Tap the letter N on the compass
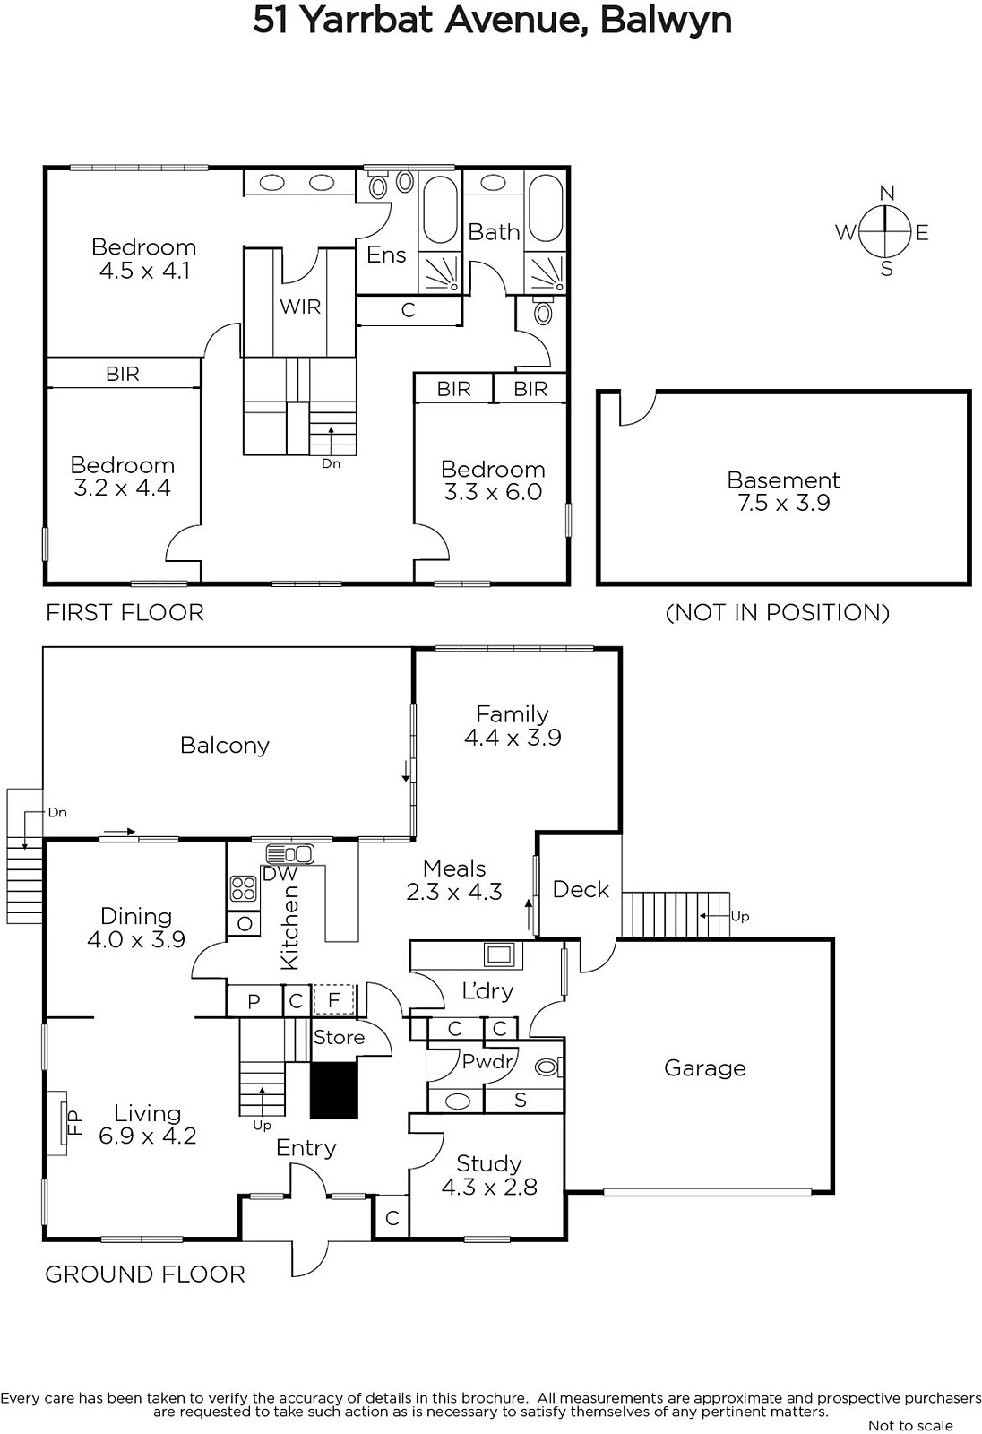point(887,193)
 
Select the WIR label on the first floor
point(300,307)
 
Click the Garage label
point(705,1067)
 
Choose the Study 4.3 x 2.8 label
point(489,1175)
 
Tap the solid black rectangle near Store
point(333,1090)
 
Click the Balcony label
point(225,745)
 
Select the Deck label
point(581,889)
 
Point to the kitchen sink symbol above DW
point(290,854)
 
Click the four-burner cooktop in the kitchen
point(243,888)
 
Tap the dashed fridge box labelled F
point(333,1000)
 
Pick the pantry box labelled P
point(254,1000)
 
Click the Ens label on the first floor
point(386,255)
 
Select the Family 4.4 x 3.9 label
point(513,725)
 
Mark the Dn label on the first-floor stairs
point(331,463)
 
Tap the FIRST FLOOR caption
point(125,613)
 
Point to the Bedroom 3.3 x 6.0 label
point(493,480)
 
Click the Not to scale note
point(910,1425)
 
